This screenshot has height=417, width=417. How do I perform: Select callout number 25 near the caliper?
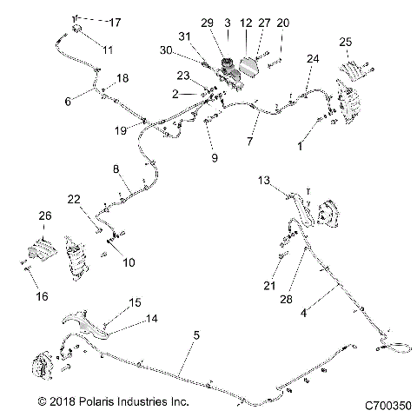click(x=346, y=42)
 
